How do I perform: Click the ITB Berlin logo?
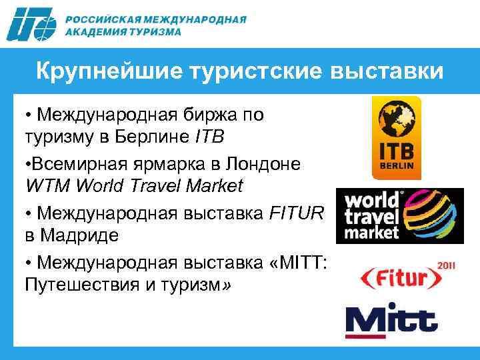(x=397, y=137)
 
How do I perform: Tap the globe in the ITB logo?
(x=397, y=121)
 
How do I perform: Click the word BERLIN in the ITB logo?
(x=397, y=164)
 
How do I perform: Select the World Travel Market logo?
(x=399, y=215)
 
